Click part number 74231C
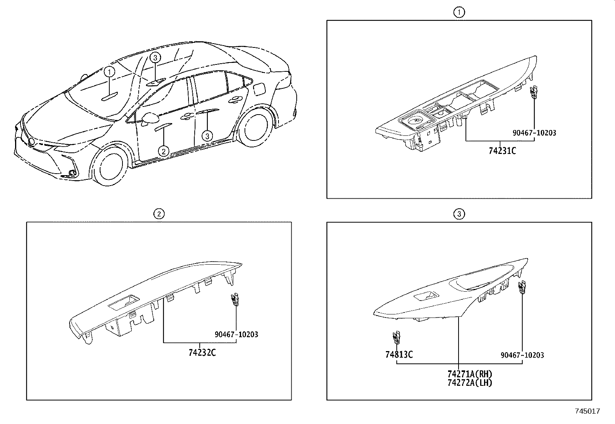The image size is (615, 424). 502,151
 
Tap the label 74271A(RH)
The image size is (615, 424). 470,374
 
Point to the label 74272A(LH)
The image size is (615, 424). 470,383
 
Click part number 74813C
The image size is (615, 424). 399,354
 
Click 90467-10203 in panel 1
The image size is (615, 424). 534,133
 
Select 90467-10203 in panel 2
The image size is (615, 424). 236,334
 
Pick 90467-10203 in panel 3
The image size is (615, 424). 522,355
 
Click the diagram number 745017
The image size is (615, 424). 587,411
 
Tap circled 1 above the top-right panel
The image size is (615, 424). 459,12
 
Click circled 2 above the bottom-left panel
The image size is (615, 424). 158,214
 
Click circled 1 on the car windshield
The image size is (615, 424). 109,72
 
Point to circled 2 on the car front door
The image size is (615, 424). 164,151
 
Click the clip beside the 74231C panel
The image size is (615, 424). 534,92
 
